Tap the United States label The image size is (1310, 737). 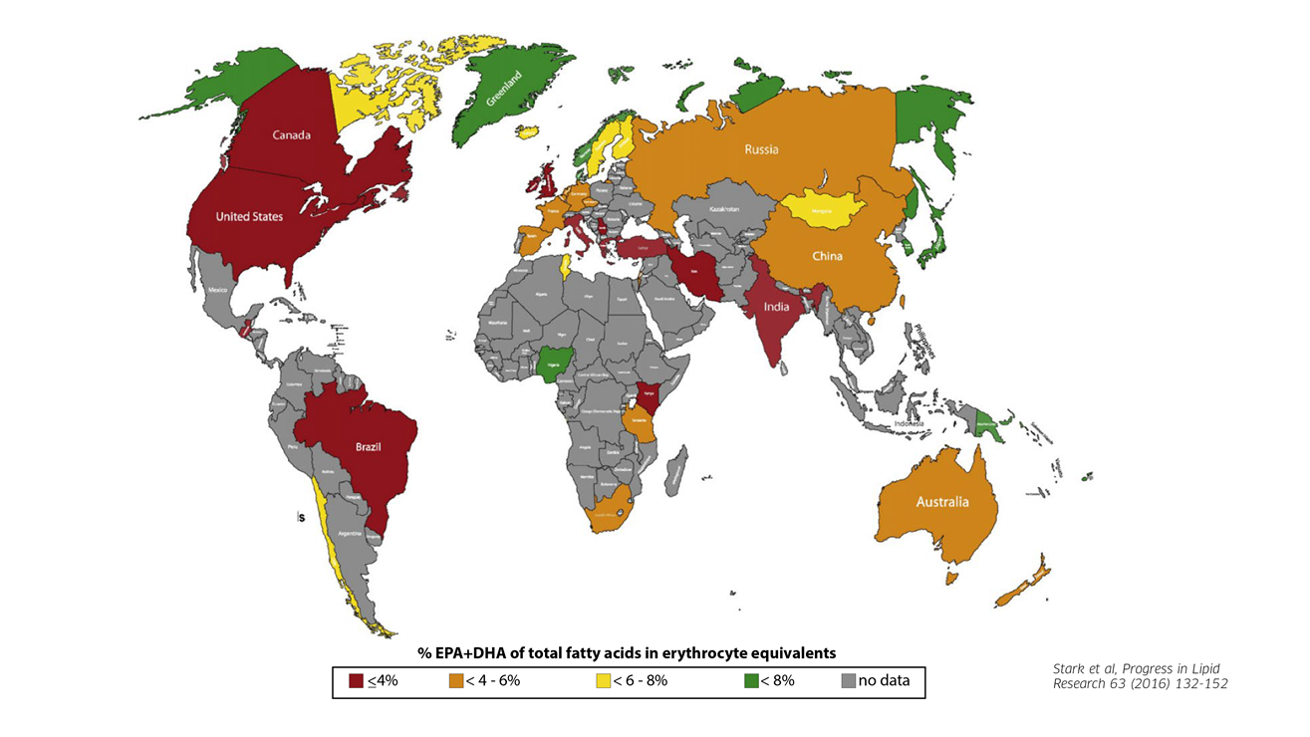click(249, 216)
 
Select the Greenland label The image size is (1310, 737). click(504, 87)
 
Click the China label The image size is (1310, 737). click(827, 256)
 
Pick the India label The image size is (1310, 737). click(776, 307)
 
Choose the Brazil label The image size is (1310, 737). click(369, 446)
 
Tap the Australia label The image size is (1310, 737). click(941, 501)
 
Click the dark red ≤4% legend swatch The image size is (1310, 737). click(356, 682)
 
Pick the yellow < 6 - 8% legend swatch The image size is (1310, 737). click(603, 682)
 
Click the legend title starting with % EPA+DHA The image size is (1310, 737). click(626, 651)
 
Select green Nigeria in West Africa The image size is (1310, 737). click(550, 365)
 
